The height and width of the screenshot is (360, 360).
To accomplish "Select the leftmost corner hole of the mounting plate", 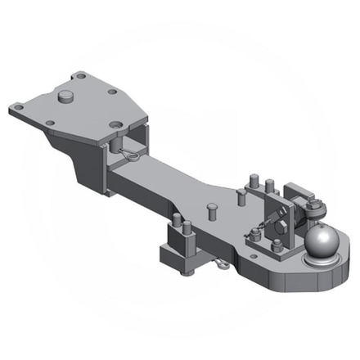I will click(17, 106).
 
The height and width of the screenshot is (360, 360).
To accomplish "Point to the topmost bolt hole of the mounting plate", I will click(81, 76).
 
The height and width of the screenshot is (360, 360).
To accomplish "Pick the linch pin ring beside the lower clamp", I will click(220, 264).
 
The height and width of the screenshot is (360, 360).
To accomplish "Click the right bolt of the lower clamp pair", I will click(187, 227).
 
